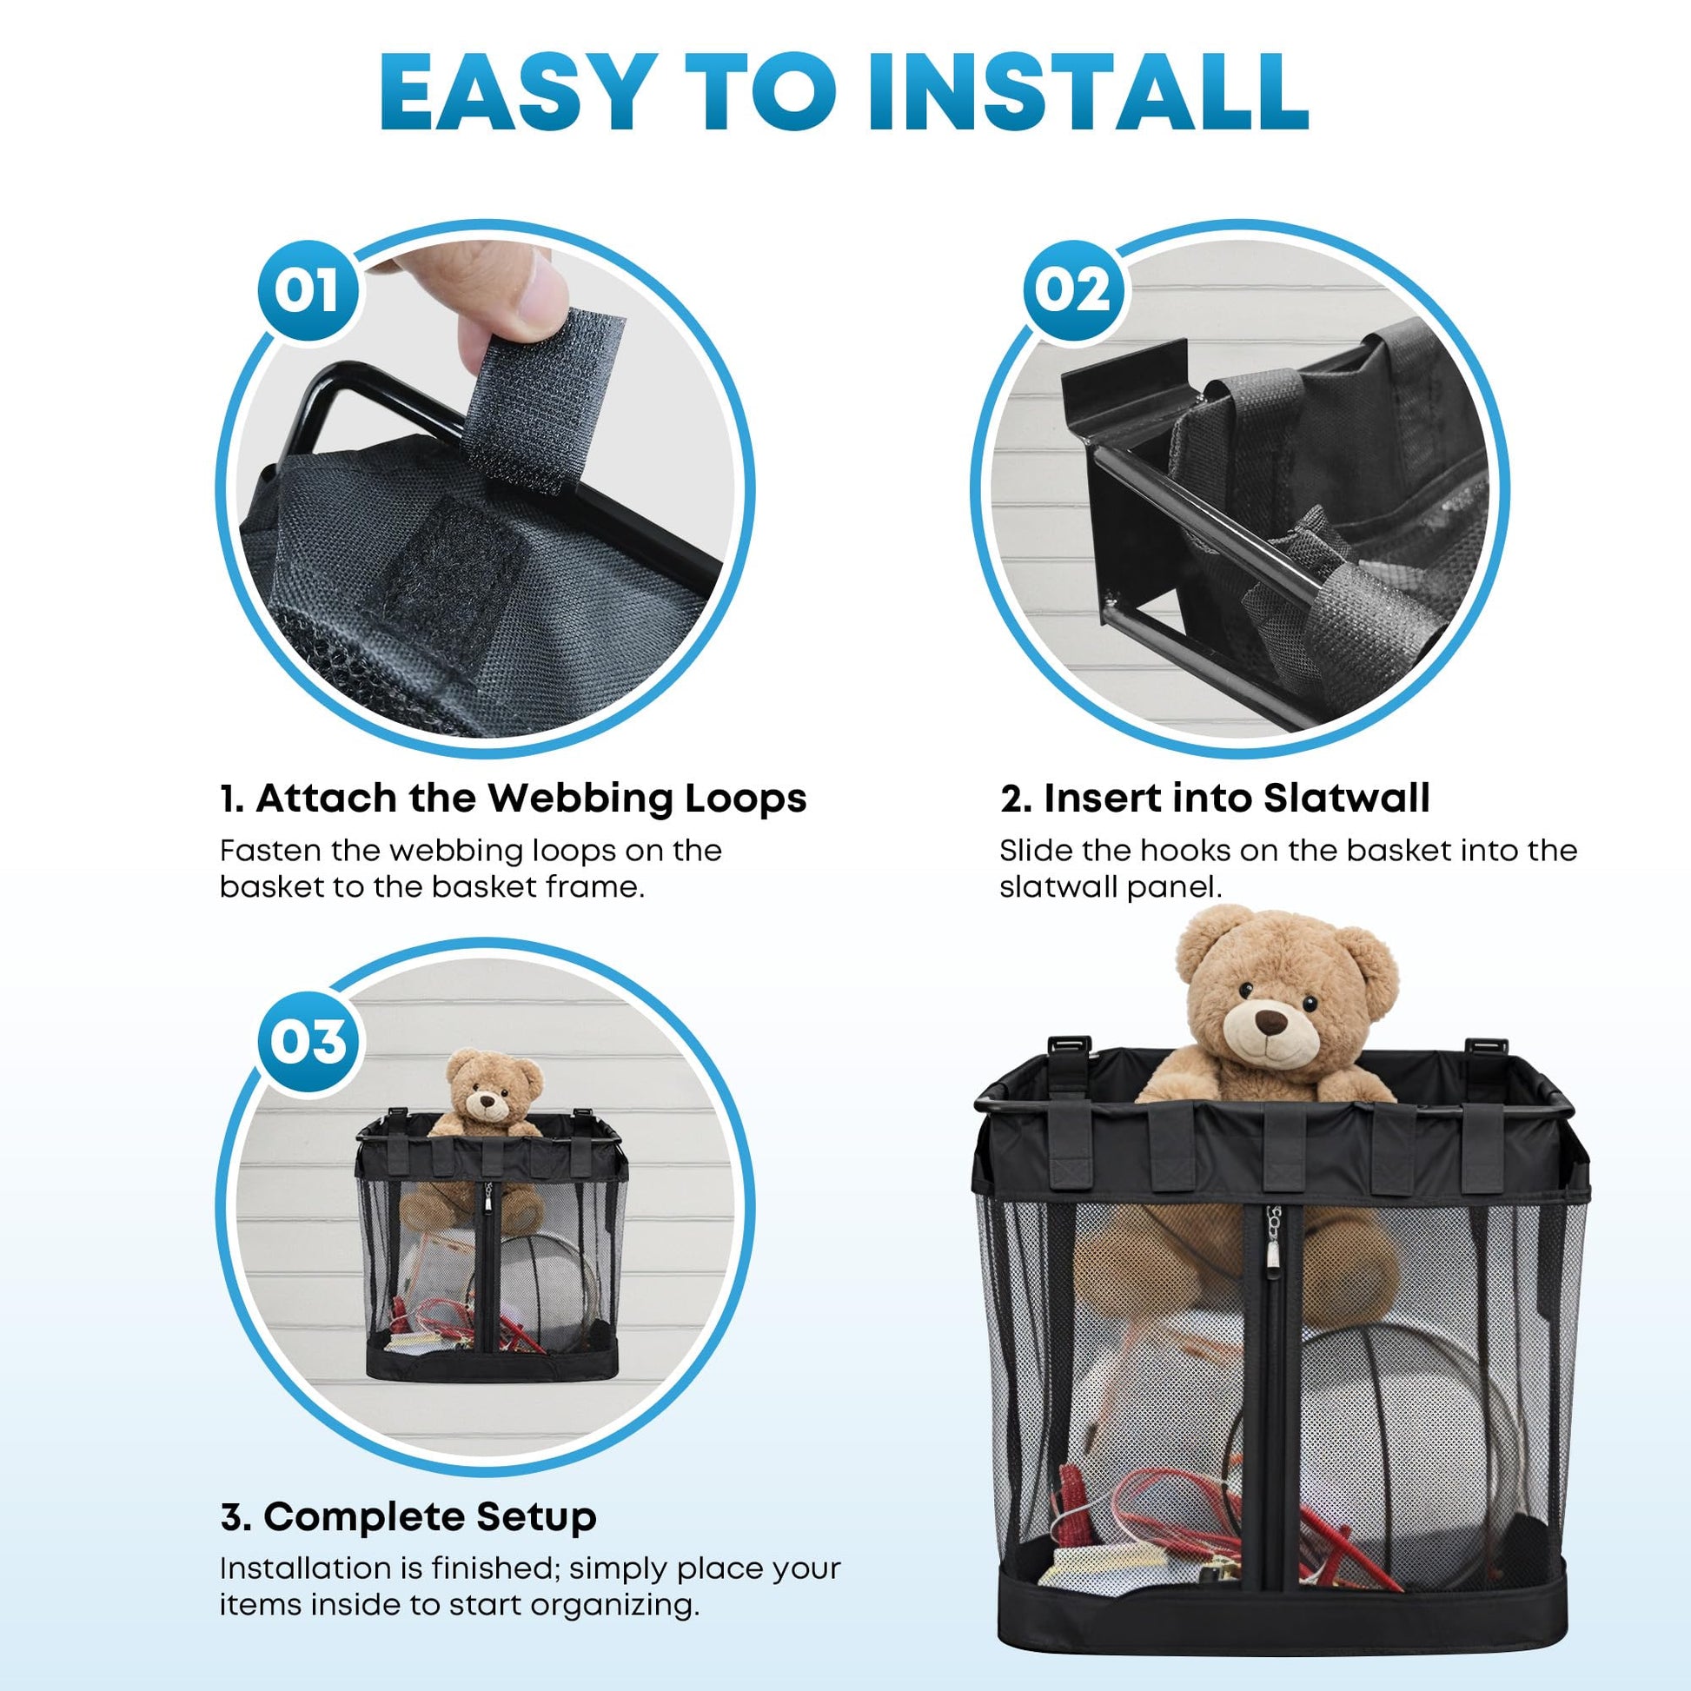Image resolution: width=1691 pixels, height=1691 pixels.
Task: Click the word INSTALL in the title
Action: (1089, 94)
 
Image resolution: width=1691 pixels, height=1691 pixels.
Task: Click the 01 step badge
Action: (307, 290)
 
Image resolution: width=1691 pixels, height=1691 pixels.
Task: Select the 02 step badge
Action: (1072, 290)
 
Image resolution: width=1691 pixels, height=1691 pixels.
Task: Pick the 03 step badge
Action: (307, 1042)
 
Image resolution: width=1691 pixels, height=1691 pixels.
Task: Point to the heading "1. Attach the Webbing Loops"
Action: (513, 799)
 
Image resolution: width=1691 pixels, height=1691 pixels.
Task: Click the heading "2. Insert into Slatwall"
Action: (1215, 799)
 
